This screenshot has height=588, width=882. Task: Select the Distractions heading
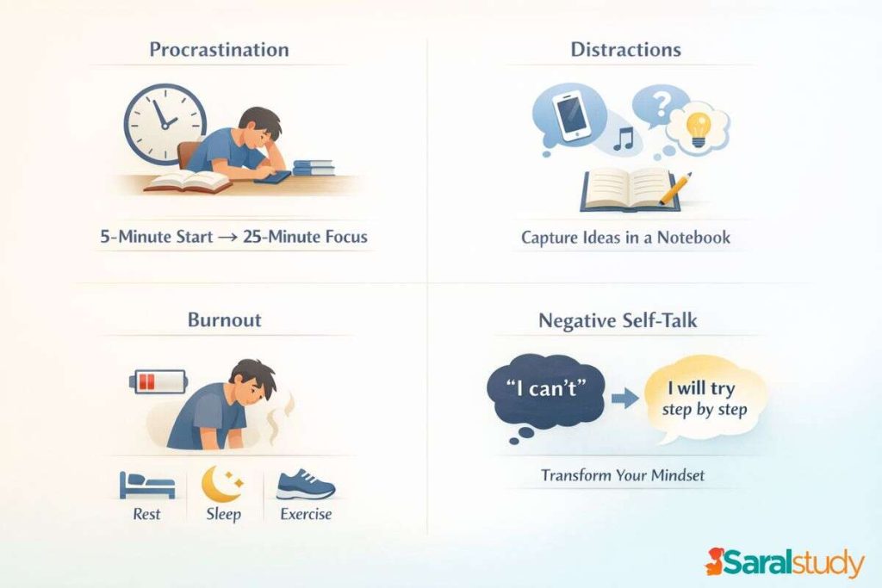click(x=625, y=49)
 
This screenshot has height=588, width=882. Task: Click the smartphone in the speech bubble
click(x=570, y=116)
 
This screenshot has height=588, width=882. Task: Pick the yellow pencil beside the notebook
click(x=675, y=189)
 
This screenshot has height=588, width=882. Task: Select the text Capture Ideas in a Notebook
click(x=625, y=238)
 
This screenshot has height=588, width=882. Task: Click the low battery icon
click(x=158, y=381)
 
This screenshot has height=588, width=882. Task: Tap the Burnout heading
click(x=224, y=321)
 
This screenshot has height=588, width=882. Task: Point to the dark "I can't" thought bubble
click(x=546, y=393)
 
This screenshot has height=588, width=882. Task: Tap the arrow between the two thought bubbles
click(x=624, y=398)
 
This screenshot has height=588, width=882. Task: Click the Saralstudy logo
click(x=784, y=563)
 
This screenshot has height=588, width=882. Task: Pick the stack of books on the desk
click(x=314, y=167)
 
